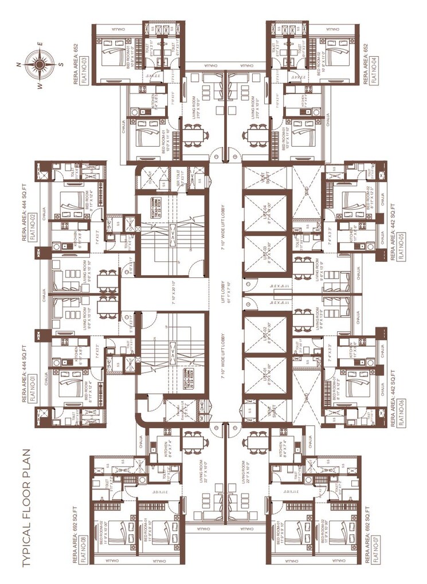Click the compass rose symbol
pyautogui.click(x=39, y=64)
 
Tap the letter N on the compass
pyautogui.click(x=19, y=65)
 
